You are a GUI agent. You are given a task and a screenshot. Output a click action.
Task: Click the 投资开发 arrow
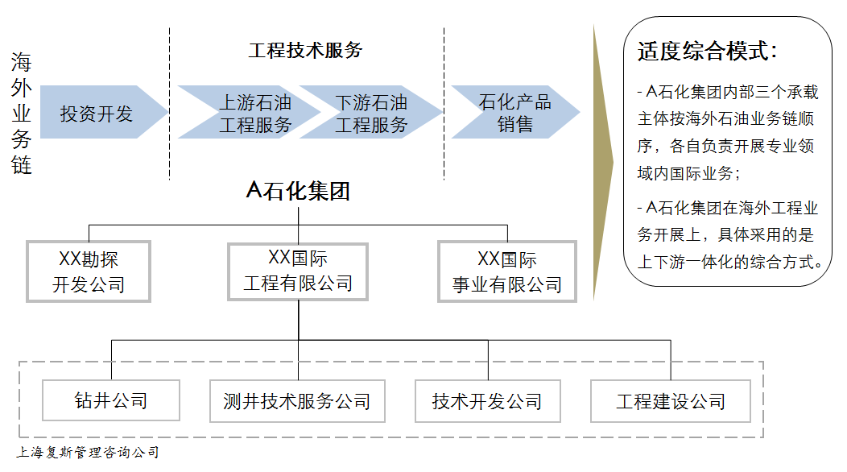click(x=97, y=113)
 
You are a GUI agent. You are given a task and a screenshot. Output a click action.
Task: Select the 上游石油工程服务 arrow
click(x=255, y=113)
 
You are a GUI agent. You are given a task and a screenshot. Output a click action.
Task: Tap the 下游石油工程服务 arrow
click(x=371, y=113)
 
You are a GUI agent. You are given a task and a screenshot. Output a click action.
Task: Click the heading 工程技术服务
click(x=305, y=50)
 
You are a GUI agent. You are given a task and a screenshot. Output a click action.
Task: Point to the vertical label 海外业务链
click(x=22, y=114)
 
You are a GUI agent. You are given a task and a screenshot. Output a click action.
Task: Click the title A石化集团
click(x=298, y=191)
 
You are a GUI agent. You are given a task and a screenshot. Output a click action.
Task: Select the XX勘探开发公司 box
click(x=89, y=272)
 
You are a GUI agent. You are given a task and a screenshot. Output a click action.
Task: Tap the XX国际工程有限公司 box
click(x=298, y=271)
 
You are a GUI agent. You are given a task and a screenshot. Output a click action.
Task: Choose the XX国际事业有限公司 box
click(x=507, y=272)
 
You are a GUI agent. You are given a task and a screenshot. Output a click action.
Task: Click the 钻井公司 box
click(x=111, y=400)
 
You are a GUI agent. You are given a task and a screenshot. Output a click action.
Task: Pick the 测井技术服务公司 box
click(x=297, y=400)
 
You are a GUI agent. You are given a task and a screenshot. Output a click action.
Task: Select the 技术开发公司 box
click(x=487, y=400)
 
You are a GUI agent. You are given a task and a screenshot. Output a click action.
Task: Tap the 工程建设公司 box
click(x=671, y=400)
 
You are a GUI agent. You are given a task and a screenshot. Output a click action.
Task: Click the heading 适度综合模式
click(x=707, y=52)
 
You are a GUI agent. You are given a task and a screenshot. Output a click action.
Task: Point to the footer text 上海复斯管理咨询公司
click(x=88, y=453)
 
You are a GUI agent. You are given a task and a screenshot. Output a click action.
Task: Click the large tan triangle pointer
click(x=602, y=161)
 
